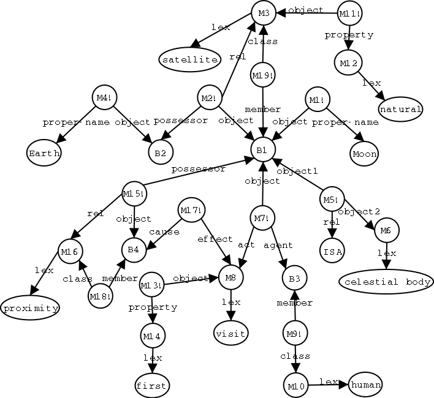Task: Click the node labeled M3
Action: (262, 13)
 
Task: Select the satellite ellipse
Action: (189, 59)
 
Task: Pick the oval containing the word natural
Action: (401, 110)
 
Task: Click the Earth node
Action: (44, 153)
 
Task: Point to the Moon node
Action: (365, 153)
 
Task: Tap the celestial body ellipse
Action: (384, 282)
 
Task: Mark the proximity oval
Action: (30, 307)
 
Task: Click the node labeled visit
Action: (230, 334)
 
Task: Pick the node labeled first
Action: (151, 385)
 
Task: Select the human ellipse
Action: (365, 385)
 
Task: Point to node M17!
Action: (189, 211)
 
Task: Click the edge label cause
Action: (164, 232)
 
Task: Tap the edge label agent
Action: (278, 245)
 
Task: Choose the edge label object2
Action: (355, 212)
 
